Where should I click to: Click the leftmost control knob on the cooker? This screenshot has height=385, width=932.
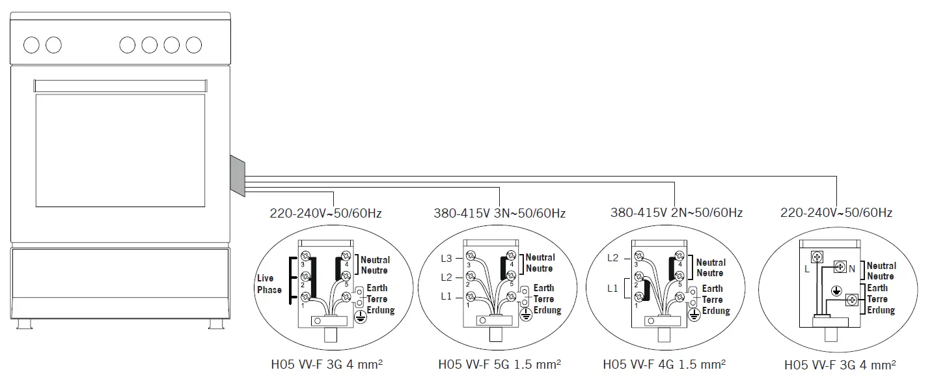point(31,45)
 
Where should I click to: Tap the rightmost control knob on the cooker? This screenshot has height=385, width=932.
point(194,45)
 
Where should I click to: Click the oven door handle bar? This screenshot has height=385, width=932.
point(121,85)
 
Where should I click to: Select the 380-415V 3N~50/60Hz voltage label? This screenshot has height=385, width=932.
point(500,213)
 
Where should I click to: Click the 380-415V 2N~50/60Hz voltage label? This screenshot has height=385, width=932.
point(676,213)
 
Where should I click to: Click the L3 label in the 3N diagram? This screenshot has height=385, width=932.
point(446,259)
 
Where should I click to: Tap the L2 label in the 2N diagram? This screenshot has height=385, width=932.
point(612,258)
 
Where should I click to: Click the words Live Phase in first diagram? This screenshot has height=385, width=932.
point(269,284)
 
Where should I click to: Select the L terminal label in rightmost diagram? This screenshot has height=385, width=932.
point(807,269)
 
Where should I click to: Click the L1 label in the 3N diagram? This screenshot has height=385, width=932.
point(446,296)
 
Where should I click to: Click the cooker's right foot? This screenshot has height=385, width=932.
point(214,323)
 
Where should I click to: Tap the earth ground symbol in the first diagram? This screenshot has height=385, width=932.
point(359,316)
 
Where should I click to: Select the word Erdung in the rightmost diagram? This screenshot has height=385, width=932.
point(881,310)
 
